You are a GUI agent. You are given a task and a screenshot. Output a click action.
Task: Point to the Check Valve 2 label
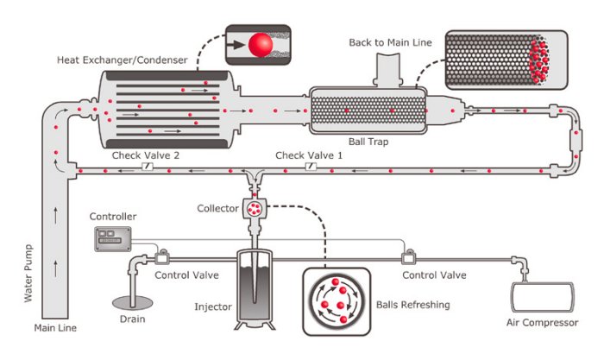point(146,155)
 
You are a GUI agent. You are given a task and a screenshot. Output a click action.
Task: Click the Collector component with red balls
point(255,208)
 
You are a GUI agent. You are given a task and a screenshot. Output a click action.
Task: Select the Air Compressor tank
point(546,296)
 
